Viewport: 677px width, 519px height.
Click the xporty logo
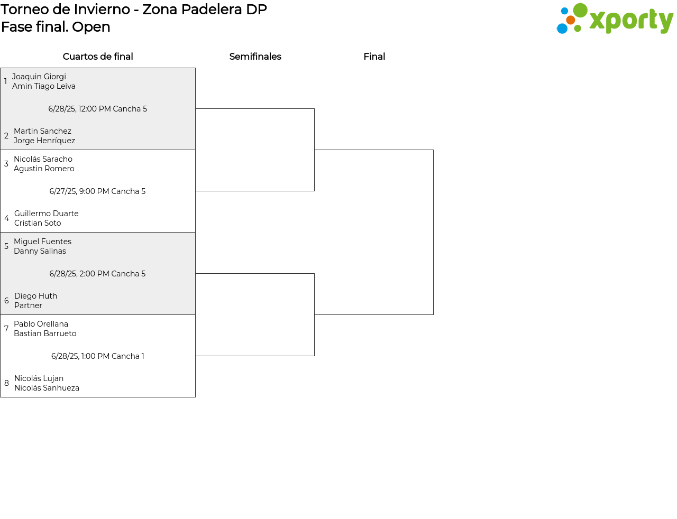click(615, 18)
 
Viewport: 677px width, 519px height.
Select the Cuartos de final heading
click(98, 57)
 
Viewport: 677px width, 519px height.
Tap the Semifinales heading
click(255, 57)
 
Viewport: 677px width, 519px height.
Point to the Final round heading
click(374, 57)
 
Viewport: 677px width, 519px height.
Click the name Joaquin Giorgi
click(39, 77)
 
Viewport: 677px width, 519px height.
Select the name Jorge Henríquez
click(44, 141)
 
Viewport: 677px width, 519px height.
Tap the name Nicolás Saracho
click(43, 159)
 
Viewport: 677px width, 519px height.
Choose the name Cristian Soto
click(38, 223)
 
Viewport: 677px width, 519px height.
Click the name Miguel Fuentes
click(43, 242)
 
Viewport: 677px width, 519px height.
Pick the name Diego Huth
click(36, 296)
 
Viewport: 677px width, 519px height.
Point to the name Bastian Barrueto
click(45, 333)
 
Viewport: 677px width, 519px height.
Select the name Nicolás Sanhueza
click(47, 388)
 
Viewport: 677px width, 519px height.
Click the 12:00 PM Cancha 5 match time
click(97, 109)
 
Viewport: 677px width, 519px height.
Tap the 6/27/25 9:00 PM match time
click(97, 191)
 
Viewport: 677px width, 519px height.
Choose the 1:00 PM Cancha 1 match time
click(97, 356)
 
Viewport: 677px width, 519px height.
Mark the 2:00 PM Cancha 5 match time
click(97, 274)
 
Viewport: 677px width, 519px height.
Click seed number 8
click(6, 383)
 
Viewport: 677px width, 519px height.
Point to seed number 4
click(6, 218)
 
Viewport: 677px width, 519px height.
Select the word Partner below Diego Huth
click(28, 305)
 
